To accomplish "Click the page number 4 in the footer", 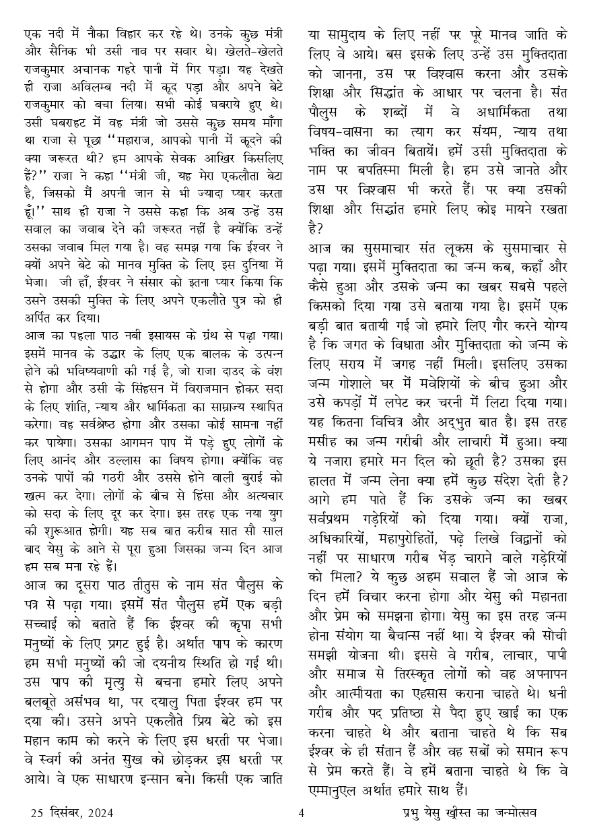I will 301,813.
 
